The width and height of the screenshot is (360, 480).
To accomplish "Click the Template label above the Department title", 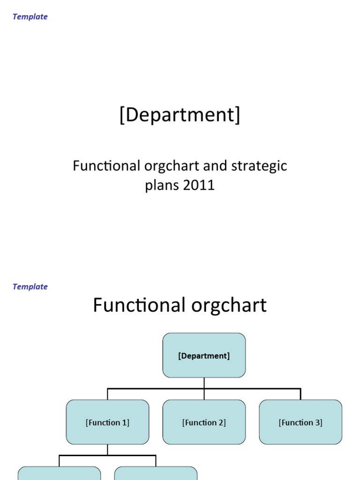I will click(x=30, y=17).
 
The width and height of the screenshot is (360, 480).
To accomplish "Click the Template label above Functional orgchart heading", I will click(x=30, y=287).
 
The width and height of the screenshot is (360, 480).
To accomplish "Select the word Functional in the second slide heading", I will click(x=139, y=306).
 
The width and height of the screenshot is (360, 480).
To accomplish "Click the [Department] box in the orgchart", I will click(x=204, y=356).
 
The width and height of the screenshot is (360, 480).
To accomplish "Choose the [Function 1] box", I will click(x=107, y=422).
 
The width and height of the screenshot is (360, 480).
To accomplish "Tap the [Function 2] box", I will click(x=204, y=422).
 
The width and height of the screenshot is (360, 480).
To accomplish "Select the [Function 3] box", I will click(x=300, y=422).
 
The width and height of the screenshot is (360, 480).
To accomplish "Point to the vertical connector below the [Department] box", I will click(x=204, y=383).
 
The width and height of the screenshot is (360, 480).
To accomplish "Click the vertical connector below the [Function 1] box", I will click(x=107, y=450).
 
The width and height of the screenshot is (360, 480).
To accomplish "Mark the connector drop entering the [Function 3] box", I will click(x=300, y=394).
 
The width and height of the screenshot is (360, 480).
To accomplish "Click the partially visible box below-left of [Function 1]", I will click(x=59, y=473).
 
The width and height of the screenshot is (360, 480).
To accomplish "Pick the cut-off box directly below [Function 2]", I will click(x=156, y=473).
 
